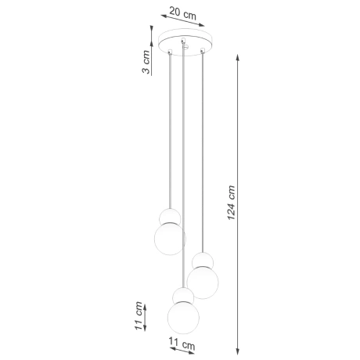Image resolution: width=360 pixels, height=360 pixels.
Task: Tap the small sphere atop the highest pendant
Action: (x=169, y=217)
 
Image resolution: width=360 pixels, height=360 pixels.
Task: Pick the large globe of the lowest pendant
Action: (x=183, y=316)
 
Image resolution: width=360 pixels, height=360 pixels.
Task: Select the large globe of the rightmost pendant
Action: (x=203, y=282)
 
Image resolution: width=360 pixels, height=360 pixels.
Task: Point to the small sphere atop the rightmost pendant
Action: (x=203, y=261)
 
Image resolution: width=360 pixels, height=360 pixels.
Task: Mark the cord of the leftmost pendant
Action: (x=169, y=133)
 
